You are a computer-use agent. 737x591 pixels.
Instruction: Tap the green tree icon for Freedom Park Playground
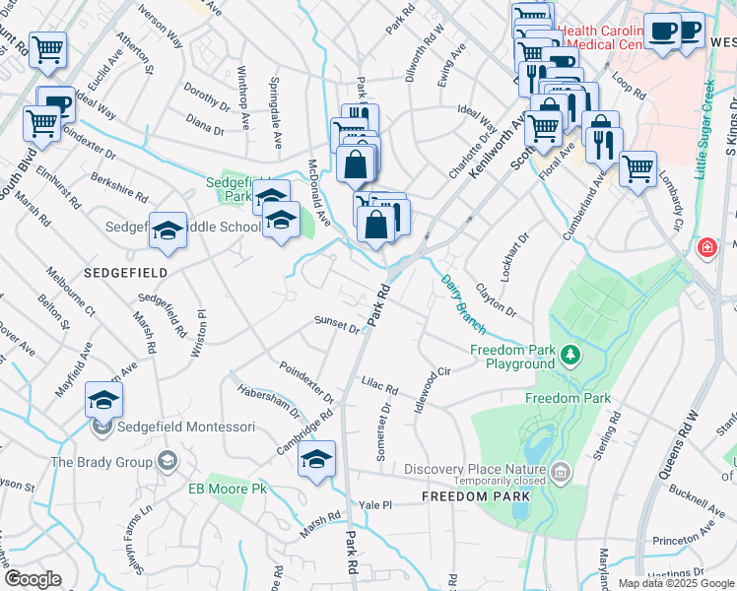(569, 354)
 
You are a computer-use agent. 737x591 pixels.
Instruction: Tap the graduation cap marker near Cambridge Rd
(316, 460)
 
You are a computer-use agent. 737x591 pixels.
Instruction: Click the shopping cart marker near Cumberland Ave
(637, 168)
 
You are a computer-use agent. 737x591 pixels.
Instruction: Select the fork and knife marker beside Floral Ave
(602, 144)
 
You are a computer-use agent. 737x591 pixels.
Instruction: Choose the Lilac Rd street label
(379, 388)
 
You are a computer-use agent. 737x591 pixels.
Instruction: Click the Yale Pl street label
(375, 504)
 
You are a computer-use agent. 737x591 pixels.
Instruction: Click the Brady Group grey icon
(167, 461)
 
